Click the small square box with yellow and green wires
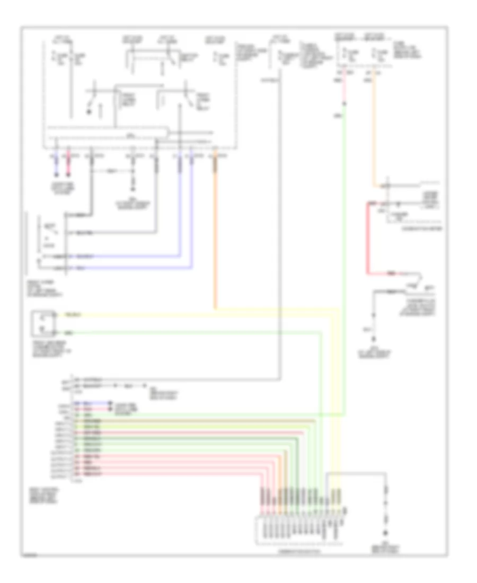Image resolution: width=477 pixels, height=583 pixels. [43, 324]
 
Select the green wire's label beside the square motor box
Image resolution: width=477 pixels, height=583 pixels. [69, 333]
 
